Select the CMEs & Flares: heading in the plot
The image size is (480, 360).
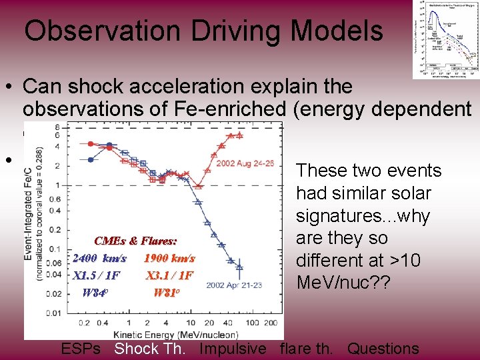click(135, 241)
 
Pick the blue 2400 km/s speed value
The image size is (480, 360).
click(99, 258)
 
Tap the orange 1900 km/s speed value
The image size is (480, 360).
click(169, 258)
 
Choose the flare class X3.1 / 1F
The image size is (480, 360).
click(169, 275)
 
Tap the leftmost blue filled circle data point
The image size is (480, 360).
click(91, 159)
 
